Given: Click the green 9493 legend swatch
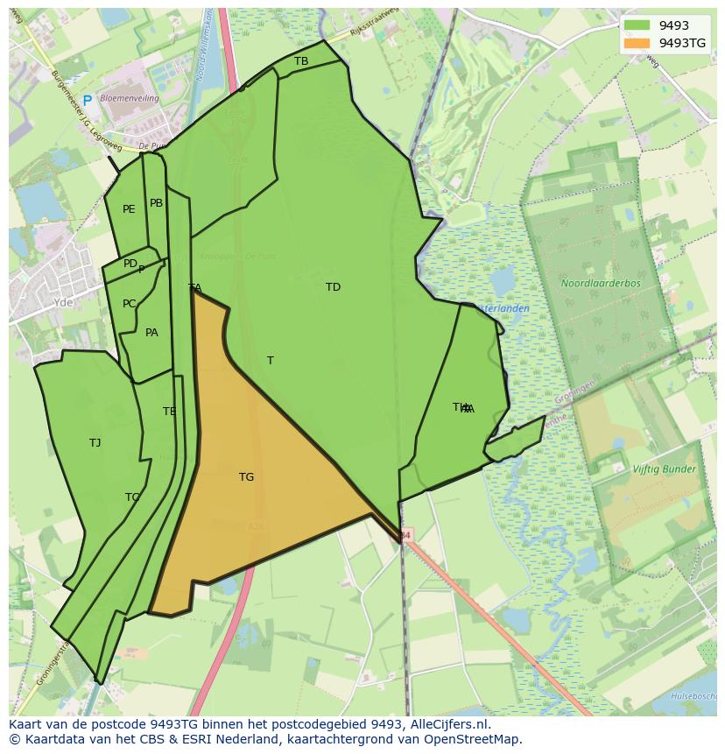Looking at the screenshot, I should point(637,26).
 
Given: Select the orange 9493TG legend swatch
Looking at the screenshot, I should point(637,43).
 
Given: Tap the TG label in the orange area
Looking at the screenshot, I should point(246,477).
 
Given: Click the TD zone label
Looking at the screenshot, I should point(333,287).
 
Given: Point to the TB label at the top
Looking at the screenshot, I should point(301,61).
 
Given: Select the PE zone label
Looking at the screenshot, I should point(129,209).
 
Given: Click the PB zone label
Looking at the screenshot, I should point(156,203).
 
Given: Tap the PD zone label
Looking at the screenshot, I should point(130,264).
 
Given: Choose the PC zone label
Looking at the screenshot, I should point(129,304).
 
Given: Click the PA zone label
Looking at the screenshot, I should point(151,333).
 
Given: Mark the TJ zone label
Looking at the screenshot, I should point(95,443).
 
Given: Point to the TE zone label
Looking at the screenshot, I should point(169,412).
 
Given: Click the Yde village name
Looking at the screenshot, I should point(63,302).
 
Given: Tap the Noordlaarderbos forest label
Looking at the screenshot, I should point(601,284).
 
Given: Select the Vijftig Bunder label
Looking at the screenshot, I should point(665,469).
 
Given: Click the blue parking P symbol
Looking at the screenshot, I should point(87,102).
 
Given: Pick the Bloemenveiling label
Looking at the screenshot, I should point(130,99).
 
